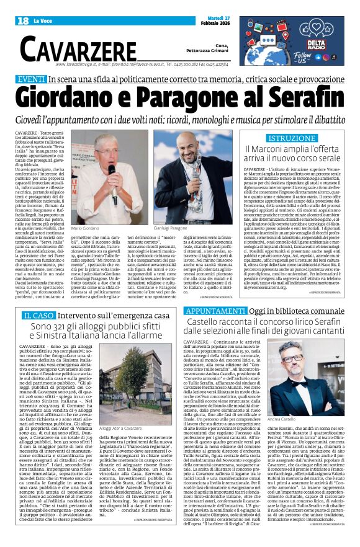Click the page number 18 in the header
coord(24,21)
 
